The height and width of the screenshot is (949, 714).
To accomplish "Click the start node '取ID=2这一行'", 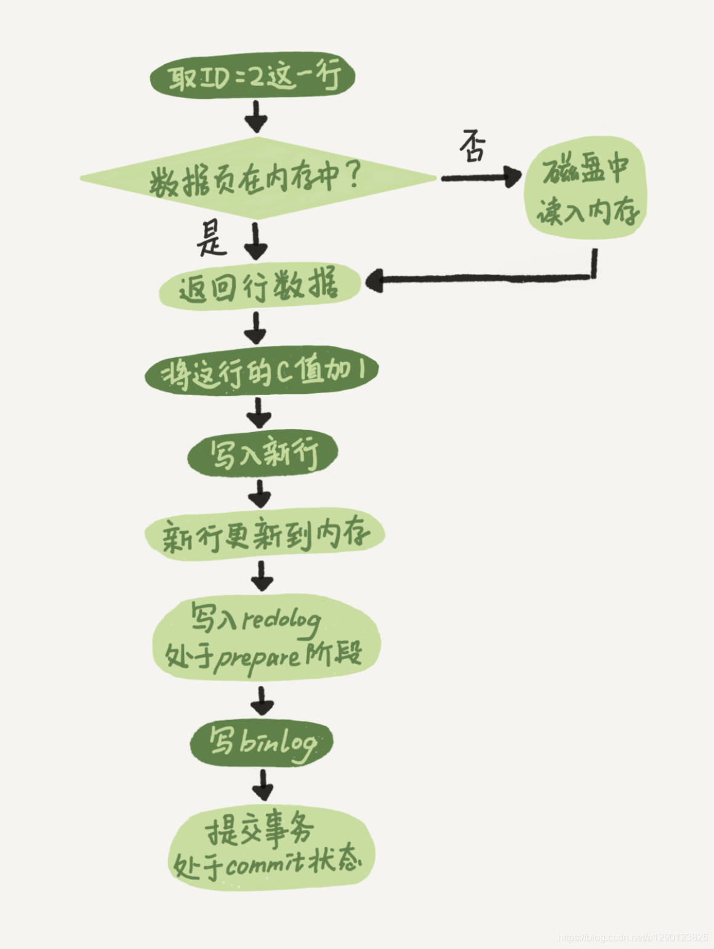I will pyautogui.click(x=253, y=78).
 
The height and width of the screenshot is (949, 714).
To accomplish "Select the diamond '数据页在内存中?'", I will pyautogui.click(x=257, y=178).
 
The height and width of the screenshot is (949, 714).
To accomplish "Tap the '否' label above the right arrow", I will pyautogui.click(x=473, y=146).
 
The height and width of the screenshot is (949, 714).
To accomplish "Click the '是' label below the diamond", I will pyautogui.click(x=211, y=238).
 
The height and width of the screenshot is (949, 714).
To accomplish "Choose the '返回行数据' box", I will pyautogui.click(x=259, y=286).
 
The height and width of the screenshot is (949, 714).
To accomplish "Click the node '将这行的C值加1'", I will pyautogui.click(x=262, y=372).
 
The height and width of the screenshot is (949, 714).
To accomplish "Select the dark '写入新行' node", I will pyautogui.click(x=263, y=454).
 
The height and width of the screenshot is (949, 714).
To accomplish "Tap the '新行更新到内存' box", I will pyautogui.click(x=265, y=535).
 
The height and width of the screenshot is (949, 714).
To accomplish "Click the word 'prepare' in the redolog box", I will pyautogui.click(x=258, y=658).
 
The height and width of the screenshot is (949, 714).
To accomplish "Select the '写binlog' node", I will pyautogui.click(x=262, y=743).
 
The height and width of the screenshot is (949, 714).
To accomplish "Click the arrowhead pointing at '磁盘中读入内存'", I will pyautogui.click(x=511, y=177).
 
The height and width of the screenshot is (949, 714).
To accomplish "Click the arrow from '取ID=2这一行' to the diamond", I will pyautogui.click(x=256, y=116).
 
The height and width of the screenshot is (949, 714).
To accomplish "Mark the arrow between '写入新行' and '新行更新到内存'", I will pyautogui.click(x=261, y=494).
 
